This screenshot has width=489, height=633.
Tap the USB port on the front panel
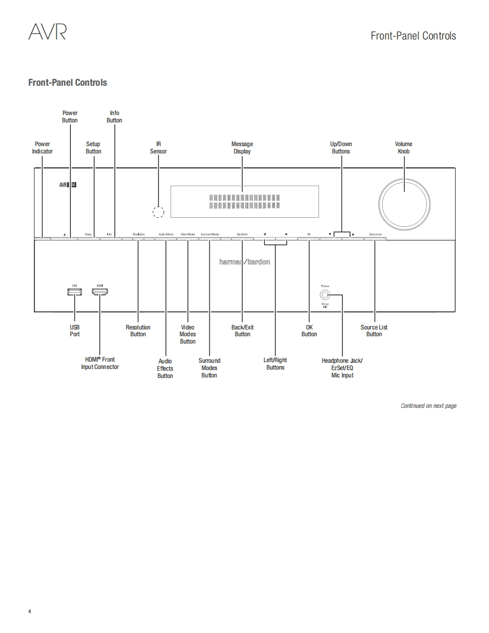[x=74, y=292]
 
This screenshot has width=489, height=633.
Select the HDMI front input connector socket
[x=100, y=292]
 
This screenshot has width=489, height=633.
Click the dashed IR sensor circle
[x=159, y=212]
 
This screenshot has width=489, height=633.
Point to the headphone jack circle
[x=324, y=294]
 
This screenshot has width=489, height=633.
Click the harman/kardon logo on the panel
[x=244, y=262]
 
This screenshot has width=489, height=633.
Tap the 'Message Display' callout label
[x=242, y=148]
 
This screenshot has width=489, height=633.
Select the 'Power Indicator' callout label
[x=42, y=148]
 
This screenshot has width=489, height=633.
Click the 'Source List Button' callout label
[x=374, y=331]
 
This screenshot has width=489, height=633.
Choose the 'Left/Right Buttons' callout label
[x=276, y=364]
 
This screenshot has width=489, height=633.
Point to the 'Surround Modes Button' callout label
[x=209, y=368]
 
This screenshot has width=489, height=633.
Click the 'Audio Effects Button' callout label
[x=165, y=368]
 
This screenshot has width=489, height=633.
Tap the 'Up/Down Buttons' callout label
[x=341, y=148]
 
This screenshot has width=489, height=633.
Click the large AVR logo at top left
[x=47, y=33]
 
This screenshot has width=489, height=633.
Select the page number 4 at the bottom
[x=30, y=612]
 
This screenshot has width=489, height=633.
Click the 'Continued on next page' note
[x=429, y=406]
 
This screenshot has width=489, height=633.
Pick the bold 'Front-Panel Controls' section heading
[x=68, y=82]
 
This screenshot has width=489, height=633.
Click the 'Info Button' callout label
[x=115, y=117]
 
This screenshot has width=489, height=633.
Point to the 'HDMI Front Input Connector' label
[x=100, y=363]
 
